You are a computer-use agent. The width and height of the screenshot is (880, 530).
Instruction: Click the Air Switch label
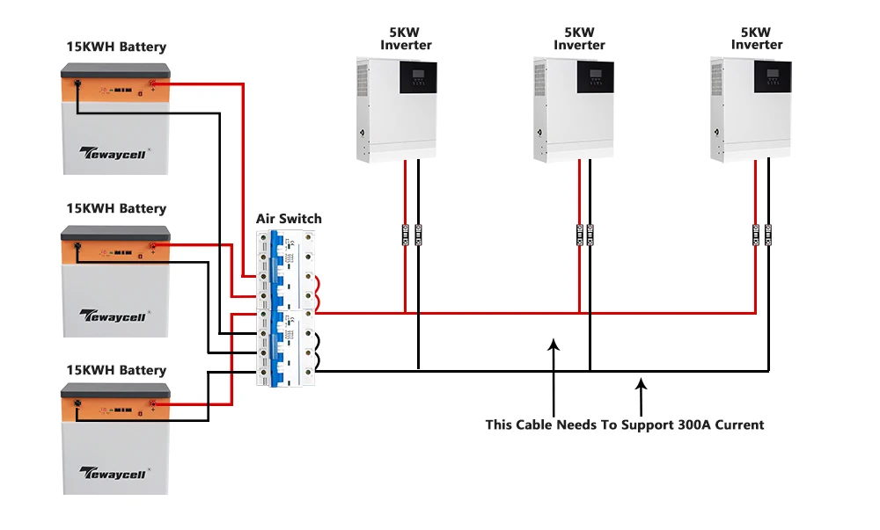(289, 219)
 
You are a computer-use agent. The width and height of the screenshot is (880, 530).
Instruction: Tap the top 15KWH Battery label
(116, 47)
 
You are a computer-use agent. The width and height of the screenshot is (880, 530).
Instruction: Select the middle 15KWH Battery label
(116, 208)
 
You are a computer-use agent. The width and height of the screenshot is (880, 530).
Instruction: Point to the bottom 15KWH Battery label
(116, 370)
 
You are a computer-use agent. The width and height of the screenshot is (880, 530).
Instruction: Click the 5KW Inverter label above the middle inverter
(579, 39)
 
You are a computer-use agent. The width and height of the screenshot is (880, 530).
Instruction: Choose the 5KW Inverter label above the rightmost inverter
(757, 39)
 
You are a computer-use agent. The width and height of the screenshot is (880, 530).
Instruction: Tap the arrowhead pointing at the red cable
(554, 345)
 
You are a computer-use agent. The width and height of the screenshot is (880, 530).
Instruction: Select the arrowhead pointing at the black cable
(642, 382)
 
